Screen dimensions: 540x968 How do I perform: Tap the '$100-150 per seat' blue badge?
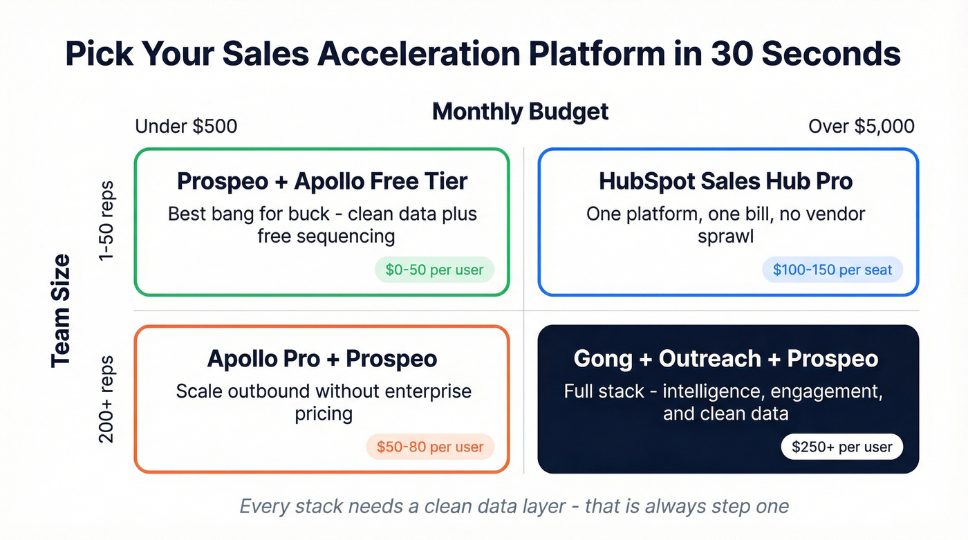point(832,270)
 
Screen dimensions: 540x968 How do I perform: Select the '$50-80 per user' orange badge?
point(430,447)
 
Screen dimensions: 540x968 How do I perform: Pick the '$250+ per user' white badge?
point(841,447)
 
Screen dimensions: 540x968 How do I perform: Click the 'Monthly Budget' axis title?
point(520,111)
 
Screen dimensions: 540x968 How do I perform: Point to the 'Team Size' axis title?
point(61,310)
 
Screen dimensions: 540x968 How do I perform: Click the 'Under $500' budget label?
point(186,127)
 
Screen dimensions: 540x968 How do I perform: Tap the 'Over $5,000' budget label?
point(861,127)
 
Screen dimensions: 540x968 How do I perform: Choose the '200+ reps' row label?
point(106,399)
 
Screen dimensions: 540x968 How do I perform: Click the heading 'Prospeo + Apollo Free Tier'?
point(322,181)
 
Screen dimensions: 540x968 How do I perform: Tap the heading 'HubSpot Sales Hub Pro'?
point(725,181)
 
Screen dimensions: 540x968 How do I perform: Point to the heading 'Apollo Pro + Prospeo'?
point(322,359)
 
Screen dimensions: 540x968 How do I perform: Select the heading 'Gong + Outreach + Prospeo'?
point(725,359)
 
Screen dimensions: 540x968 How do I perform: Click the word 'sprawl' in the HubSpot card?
point(725,236)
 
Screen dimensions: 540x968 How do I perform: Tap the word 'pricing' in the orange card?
point(323,413)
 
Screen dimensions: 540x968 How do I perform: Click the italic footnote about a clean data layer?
point(514,506)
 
